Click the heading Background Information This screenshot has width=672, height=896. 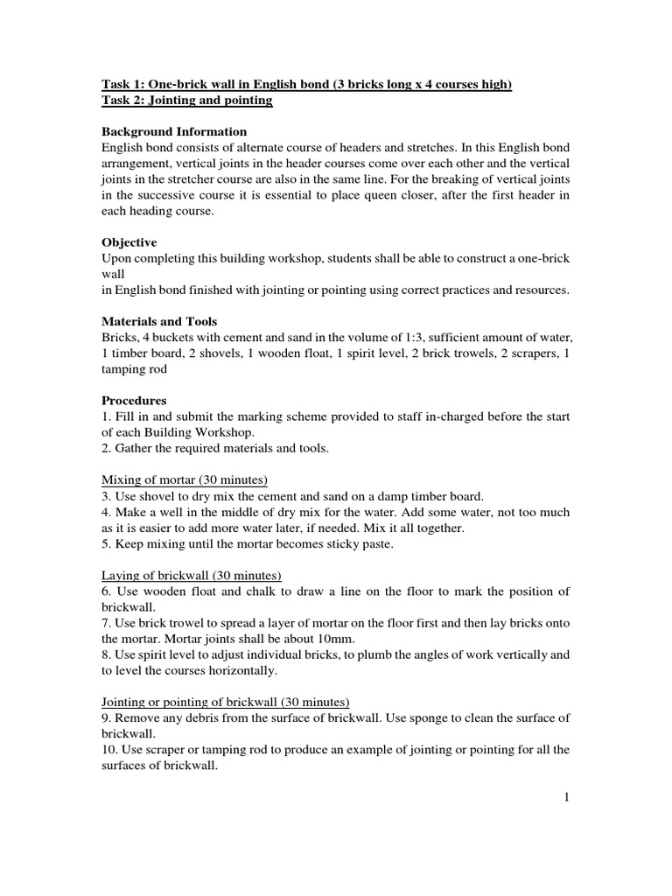tap(168, 131)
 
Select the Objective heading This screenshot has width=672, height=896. tap(129, 241)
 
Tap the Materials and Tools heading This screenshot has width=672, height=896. tap(159, 321)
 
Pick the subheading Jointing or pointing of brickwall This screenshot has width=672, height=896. tap(226, 702)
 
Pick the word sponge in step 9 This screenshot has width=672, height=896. tap(410, 718)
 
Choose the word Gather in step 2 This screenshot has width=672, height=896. tap(136, 448)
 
